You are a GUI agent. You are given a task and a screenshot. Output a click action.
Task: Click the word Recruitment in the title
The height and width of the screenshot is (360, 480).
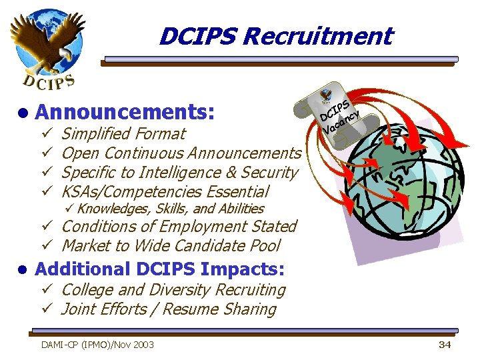tap(318, 35)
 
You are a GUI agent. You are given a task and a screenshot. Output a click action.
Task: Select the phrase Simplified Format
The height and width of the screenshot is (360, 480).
tap(123, 133)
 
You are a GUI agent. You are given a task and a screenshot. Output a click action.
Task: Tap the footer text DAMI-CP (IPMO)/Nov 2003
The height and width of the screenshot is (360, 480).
tap(97, 345)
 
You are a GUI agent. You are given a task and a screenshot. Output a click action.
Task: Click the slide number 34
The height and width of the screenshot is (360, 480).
tap(445, 345)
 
